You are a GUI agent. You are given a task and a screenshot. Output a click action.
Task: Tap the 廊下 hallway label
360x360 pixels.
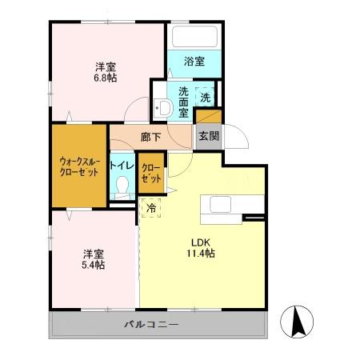click(x=150, y=137)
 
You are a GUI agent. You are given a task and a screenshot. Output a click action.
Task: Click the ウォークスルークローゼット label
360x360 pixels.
click(x=79, y=166)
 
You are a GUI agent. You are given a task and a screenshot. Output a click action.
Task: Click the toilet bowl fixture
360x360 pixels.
click(x=122, y=187)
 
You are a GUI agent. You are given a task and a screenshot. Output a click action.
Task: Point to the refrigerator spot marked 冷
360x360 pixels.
click(x=151, y=207)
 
